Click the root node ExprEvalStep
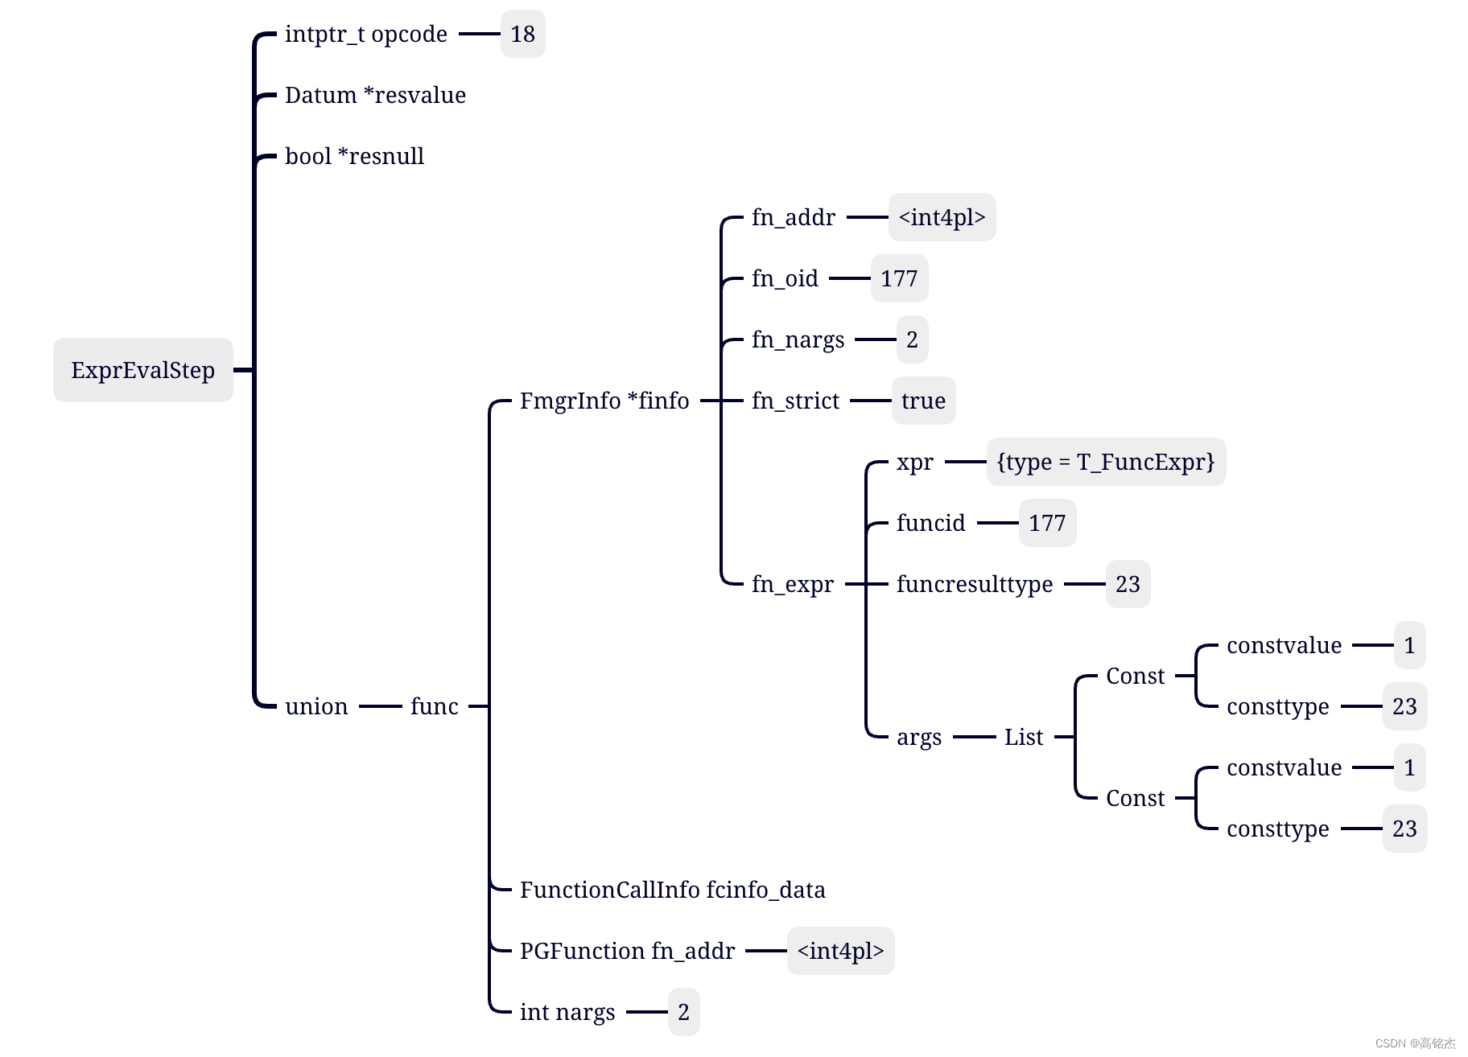(143, 370)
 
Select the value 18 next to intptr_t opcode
(522, 34)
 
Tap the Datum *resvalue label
(375, 95)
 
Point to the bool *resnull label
(354, 156)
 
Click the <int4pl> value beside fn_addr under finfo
(942, 217)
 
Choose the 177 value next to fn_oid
(899, 278)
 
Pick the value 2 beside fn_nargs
(912, 339)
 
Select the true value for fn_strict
(923, 401)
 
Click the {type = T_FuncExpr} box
(1106, 462)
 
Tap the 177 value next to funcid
(1047, 523)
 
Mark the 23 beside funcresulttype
(1128, 584)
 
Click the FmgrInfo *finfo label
(604, 401)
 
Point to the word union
(316, 706)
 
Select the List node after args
(1024, 737)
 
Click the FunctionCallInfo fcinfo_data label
(673, 890)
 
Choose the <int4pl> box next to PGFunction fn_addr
(840, 951)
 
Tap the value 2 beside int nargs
(683, 1012)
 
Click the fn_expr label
(793, 584)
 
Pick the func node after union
(435, 706)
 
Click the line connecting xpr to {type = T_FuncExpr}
(965, 462)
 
